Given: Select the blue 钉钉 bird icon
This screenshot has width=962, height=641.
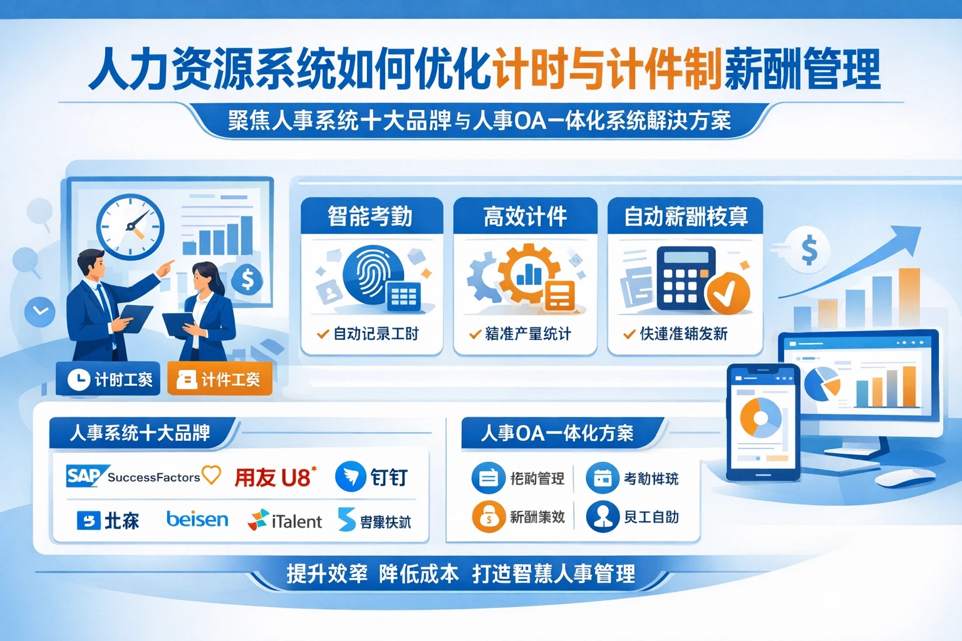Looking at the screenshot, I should [x=350, y=477].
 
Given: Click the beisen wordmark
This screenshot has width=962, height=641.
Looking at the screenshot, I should [x=197, y=520].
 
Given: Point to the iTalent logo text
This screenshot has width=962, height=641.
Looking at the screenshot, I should [x=296, y=521].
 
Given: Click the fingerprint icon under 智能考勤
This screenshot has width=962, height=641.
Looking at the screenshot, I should [x=373, y=274].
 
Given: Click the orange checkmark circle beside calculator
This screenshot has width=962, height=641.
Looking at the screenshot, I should [x=728, y=292].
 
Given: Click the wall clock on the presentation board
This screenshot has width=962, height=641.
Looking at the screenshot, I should [x=130, y=227].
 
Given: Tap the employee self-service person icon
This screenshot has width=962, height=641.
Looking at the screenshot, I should [x=603, y=516].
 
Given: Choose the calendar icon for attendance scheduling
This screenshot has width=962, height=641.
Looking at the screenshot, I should [x=602, y=478].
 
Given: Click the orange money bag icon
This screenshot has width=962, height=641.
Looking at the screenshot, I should [x=489, y=517].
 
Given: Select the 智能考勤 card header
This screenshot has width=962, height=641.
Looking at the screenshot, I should [x=371, y=217].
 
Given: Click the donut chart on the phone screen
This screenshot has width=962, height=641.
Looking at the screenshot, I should [x=760, y=418].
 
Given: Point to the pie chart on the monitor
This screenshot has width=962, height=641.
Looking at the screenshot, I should [x=821, y=383].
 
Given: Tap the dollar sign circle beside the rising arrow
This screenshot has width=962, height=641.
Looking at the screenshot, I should [x=809, y=250].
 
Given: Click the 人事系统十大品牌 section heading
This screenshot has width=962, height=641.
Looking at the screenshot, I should [x=140, y=433].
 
